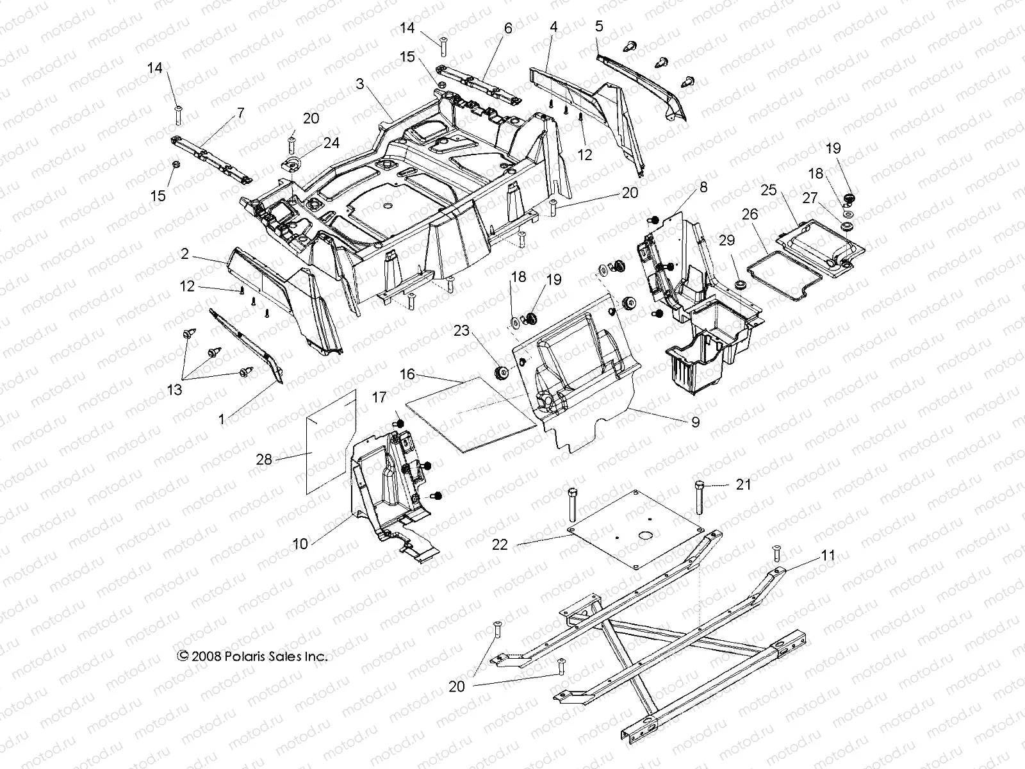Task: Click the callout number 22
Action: coord(500,544)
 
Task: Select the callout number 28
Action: coord(264,459)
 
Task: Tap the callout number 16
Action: coord(408,373)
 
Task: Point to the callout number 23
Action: coord(462,331)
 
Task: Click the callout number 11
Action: coord(828,555)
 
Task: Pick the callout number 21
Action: coord(743,484)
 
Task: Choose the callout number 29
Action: coord(726,242)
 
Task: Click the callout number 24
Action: coord(331,143)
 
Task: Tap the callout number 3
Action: coord(360,84)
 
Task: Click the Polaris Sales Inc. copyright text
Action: coord(252,656)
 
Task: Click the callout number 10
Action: coord(300,543)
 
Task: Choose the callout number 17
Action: coord(379,398)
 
